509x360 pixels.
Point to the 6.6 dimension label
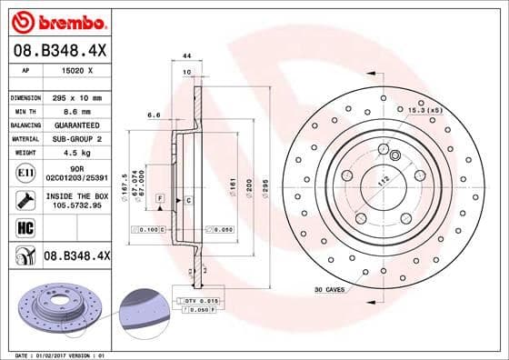pos(154,115)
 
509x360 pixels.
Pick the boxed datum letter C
pos(187,199)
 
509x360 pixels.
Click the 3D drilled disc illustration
pos(60,307)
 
